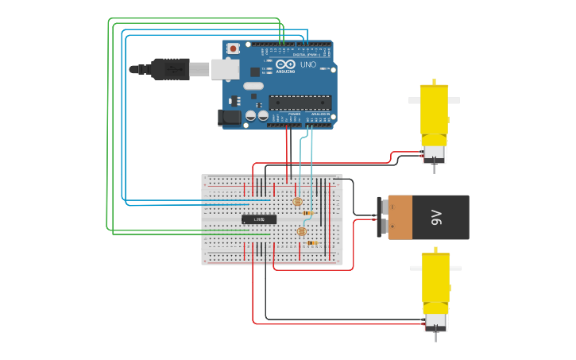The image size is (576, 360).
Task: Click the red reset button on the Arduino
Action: tap(233, 48)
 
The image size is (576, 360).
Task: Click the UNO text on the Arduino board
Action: tap(308, 64)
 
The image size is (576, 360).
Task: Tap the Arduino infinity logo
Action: tap(286, 64)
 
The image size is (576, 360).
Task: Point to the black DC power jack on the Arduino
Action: tap(230, 117)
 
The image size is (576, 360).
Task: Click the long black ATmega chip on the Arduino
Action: tap(300, 102)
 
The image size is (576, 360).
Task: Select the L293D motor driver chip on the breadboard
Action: tap(259, 219)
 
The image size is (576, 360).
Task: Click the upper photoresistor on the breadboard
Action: tap(297, 202)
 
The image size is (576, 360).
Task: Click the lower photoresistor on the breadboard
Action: tap(301, 231)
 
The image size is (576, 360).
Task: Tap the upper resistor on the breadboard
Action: tap(307, 213)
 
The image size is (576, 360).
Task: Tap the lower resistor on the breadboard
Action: tap(311, 242)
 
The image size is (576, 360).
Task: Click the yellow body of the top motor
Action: tap(434, 111)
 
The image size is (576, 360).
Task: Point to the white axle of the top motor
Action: tap(434, 100)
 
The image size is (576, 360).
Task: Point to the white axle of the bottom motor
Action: tap(435, 268)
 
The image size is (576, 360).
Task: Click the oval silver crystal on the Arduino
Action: tap(253, 86)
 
